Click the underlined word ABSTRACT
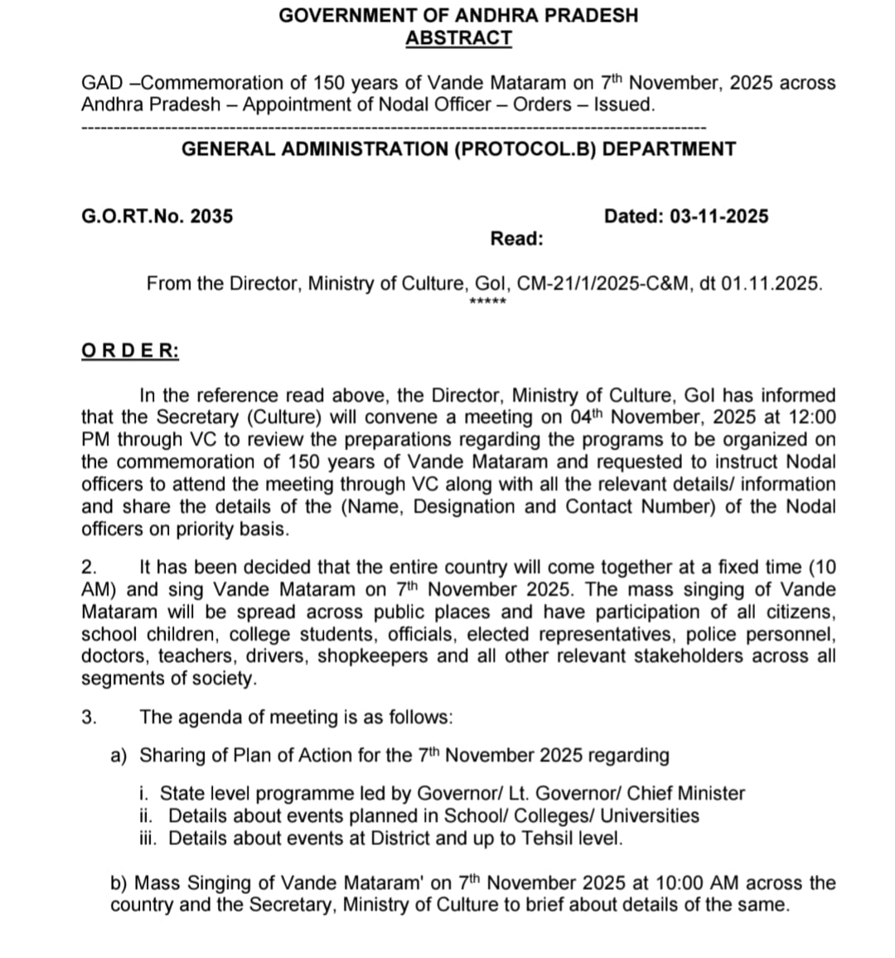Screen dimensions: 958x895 click(x=458, y=38)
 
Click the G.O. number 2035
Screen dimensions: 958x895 click(x=211, y=216)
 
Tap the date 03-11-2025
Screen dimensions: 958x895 click(x=718, y=216)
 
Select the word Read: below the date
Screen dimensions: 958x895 click(x=516, y=239)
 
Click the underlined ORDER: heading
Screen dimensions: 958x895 click(x=130, y=350)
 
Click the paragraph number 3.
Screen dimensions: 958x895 click(x=89, y=717)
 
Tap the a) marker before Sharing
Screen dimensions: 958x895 click(x=119, y=755)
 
